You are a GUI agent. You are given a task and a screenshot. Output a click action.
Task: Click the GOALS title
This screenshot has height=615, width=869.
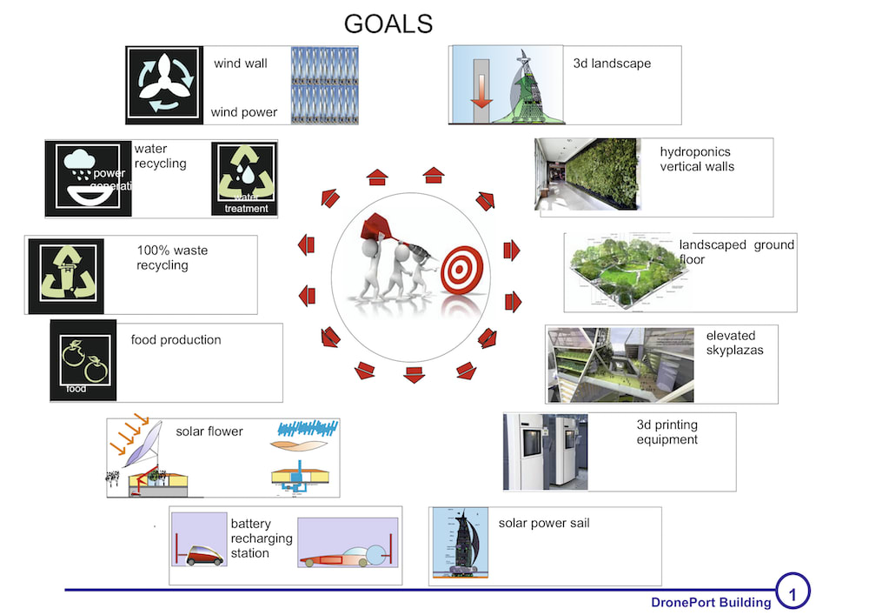388,23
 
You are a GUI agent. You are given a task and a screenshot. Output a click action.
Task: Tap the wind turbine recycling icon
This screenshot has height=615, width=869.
164,84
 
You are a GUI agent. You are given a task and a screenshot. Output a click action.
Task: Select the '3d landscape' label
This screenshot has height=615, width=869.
612,64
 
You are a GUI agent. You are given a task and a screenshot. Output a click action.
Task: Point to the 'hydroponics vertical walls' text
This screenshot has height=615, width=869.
697,158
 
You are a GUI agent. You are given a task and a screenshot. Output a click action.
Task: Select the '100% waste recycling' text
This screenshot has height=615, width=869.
172,257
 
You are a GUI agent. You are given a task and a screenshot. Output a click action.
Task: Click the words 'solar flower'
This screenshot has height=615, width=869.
209,431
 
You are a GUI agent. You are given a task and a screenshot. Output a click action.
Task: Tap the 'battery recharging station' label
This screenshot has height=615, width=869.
250,538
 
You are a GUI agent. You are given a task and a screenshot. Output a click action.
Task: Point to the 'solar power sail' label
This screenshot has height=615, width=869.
544,523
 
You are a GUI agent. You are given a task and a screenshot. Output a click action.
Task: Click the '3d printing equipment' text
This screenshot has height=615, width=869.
667,432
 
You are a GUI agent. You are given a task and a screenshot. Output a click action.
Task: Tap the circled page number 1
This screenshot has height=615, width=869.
792,592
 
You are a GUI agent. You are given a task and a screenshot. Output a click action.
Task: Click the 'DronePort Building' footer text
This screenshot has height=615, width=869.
711,602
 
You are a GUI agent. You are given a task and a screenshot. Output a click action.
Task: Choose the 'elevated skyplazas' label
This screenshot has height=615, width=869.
731,342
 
